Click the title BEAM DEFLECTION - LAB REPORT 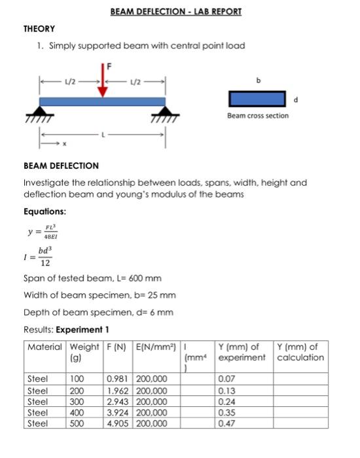(x=175, y=12)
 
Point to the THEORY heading (x=39, y=29)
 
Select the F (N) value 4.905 (x=118, y=423)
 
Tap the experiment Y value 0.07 (x=227, y=378)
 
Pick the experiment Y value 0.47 (x=227, y=423)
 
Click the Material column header (x=45, y=347)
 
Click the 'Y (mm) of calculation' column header (x=300, y=352)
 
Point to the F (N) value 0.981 (x=118, y=378)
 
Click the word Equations (x=45, y=211)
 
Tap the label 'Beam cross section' (x=258, y=116)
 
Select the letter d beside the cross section (x=297, y=100)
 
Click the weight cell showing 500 (x=78, y=423)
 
